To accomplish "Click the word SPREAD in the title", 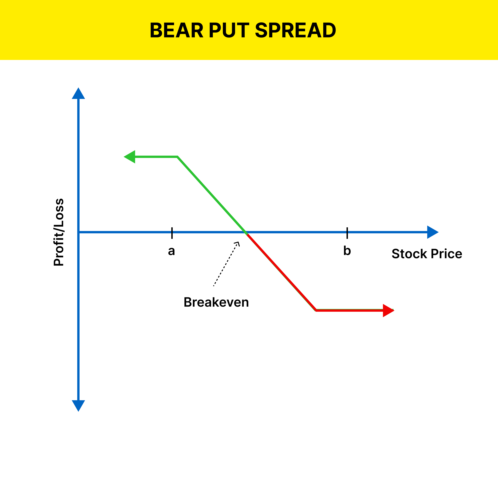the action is pos(296,30).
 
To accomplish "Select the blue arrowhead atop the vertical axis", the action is pos(78,93).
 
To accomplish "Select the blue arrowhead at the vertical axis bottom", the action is pos(78,406).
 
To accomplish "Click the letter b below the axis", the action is pos(347,250).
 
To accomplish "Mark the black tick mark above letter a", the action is pos(172,233).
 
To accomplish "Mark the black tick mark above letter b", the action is pos(347,233).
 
